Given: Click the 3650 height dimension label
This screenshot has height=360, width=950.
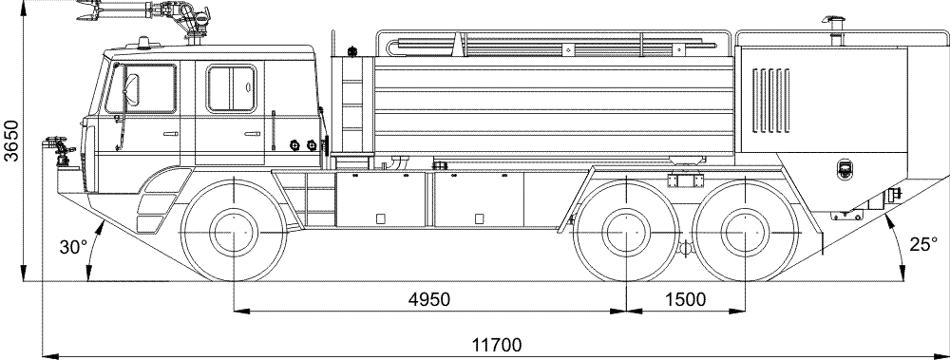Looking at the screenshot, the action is coord(11,141).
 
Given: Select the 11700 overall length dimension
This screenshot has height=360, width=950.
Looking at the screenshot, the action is coord(496,346).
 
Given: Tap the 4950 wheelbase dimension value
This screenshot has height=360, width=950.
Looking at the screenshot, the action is coord(429,299).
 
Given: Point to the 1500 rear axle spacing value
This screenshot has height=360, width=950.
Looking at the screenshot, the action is coord(685,299).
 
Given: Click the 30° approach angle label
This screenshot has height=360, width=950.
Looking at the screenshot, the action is coord(73,247).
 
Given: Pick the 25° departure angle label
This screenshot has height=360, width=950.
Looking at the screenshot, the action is coord(923,244).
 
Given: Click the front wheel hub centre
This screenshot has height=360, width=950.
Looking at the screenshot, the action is coord(234,233).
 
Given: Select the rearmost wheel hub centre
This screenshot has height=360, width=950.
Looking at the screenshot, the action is coord(745,233).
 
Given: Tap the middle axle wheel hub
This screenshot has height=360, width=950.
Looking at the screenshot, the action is coord(626,233).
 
